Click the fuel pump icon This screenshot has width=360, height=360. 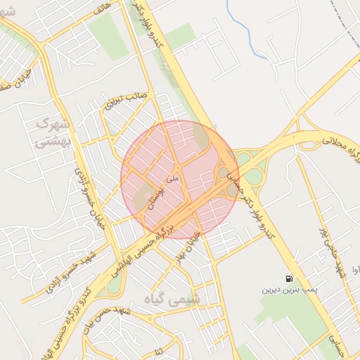tap(290, 278)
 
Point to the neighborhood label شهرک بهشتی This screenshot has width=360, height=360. tap(53, 132)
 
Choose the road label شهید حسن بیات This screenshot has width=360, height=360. tap(105, 319)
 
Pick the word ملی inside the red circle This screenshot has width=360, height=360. tap(175, 180)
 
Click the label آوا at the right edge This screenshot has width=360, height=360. tap(356, 268)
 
